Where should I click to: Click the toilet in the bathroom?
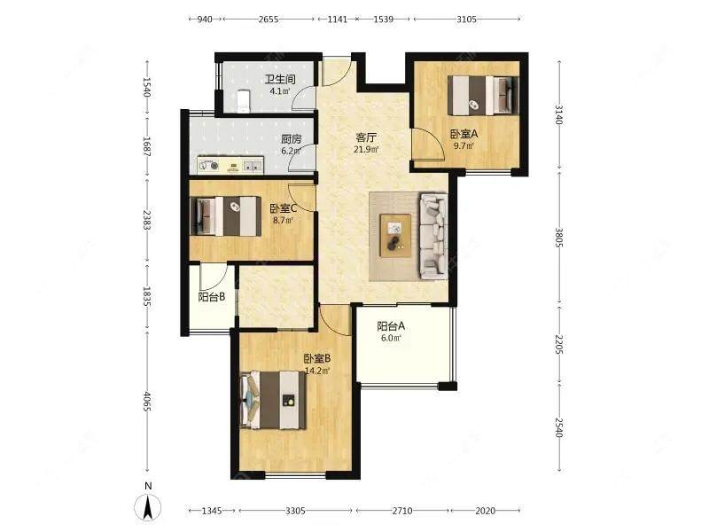[x=244, y=100]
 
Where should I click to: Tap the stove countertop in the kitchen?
[x=230, y=165]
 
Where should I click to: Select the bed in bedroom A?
[x=482, y=96]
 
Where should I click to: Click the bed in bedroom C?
[x=226, y=215]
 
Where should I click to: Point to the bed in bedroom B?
[x=273, y=400]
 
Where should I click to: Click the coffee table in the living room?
[x=395, y=236]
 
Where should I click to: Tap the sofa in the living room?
[x=433, y=236]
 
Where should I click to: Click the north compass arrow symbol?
[x=147, y=507]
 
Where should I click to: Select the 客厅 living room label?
[x=366, y=137]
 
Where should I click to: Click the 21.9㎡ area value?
[x=366, y=149]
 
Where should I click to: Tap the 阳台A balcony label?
[x=391, y=326]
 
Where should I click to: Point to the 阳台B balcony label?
[x=212, y=297]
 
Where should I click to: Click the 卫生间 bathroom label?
[x=280, y=80]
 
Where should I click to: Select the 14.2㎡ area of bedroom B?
[x=317, y=371]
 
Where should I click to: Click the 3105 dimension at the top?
[x=467, y=19]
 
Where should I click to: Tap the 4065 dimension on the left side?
[x=147, y=402]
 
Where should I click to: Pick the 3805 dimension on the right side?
[x=559, y=237]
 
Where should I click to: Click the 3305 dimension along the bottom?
[x=295, y=511]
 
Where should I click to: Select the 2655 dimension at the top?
[x=269, y=19]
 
